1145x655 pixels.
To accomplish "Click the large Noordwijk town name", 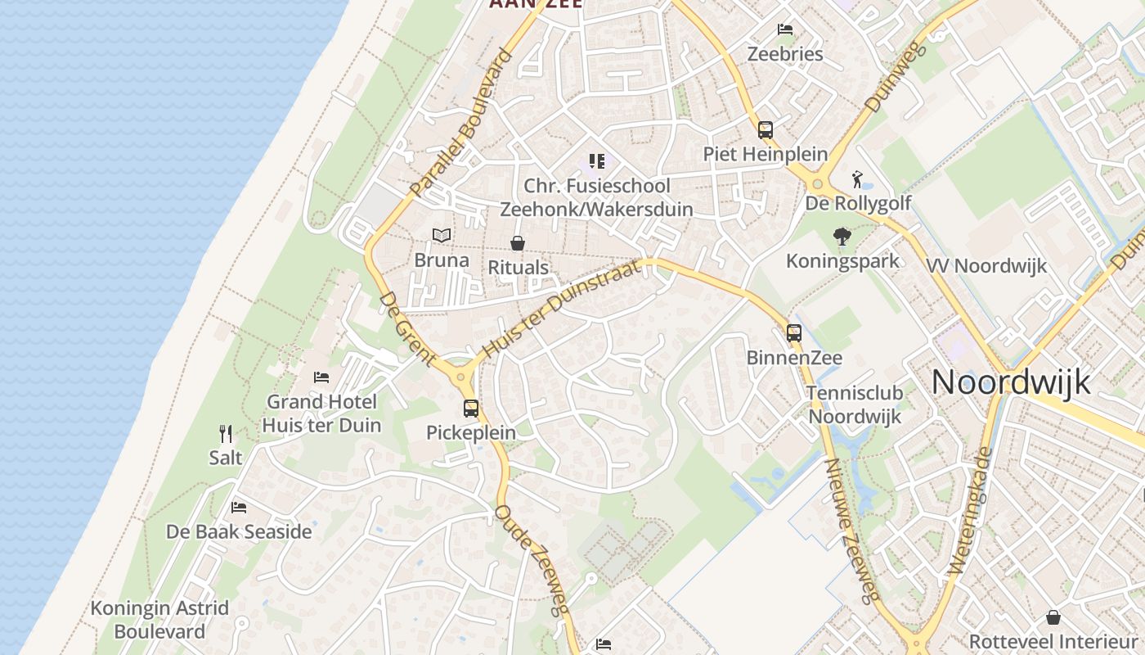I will click(1011, 382).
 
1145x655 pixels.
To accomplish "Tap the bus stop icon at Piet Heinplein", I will click(766, 129).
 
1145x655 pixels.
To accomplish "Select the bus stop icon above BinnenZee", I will click(794, 333).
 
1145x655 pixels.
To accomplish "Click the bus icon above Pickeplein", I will click(471, 408).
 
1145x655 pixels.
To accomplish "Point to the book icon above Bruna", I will click(442, 236).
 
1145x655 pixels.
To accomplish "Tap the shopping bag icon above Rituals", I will click(518, 243).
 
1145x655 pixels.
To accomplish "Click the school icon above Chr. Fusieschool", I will click(597, 161).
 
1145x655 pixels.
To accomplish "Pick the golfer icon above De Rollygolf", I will click(857, 178).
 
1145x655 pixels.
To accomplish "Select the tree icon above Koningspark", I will click(842, 237).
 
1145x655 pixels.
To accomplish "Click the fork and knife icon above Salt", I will click(226, 433).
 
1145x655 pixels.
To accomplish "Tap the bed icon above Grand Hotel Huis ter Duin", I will click(321, 377).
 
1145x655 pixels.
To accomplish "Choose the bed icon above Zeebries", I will click(785, 29).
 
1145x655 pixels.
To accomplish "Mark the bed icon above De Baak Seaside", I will click(239, 508).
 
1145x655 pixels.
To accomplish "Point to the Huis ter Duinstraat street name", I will click(560, 309).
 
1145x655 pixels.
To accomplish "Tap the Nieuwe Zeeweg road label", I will click(851, 531).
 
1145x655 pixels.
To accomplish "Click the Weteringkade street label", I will click(971, 510).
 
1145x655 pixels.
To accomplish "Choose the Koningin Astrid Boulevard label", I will click(159, 620).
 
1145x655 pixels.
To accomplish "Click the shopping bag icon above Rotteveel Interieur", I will click(1053, 617).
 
